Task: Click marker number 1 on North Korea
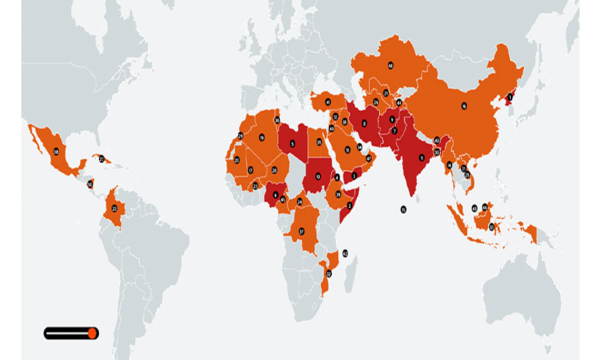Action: pos(511,97)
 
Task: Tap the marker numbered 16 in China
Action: pos(464,106)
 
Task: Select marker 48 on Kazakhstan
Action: pos(391,65)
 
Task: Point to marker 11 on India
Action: pos(422,158)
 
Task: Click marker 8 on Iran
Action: pos(365,124)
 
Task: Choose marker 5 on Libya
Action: pos(293,143)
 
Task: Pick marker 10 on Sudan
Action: pos(318,176)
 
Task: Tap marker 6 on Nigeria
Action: pos(275,195)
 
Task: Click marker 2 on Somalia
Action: pos(349,205)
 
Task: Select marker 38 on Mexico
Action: pos(56,152)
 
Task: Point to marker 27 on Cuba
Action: pos(101,159)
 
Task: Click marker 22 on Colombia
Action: pos(114,208)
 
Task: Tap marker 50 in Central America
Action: pos(90,184)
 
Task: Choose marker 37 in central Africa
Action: pos(302,231)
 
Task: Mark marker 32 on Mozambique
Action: pos(328,274)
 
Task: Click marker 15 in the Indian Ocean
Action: pos(403,209)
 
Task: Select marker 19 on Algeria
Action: pos(262,138)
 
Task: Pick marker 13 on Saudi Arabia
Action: pos(347,149)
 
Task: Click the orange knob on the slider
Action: pos(92,333)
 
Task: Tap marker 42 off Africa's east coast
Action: pos(345,253)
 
